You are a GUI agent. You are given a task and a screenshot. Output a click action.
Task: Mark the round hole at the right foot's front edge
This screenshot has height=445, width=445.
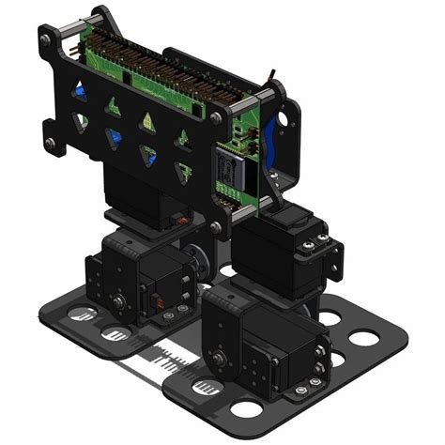coord(247,408)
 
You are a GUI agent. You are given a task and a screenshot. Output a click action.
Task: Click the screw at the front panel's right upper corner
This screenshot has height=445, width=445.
coord(217,117)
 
